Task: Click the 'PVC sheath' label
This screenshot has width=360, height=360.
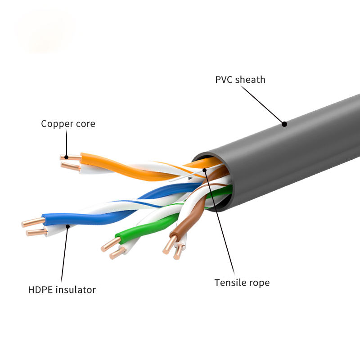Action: coord(240,80)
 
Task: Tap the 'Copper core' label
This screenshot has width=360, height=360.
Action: coord(68,123)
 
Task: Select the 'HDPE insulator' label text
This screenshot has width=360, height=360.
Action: coord(62,289)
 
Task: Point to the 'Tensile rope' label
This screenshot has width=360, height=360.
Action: coord(242,283)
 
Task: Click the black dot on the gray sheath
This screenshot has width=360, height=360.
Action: coord(284,124)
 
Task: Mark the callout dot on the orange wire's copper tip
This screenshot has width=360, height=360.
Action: coord(67,157)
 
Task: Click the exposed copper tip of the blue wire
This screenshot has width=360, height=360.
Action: coord(32,222)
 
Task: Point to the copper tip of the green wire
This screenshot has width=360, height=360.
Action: coord(109,245)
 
